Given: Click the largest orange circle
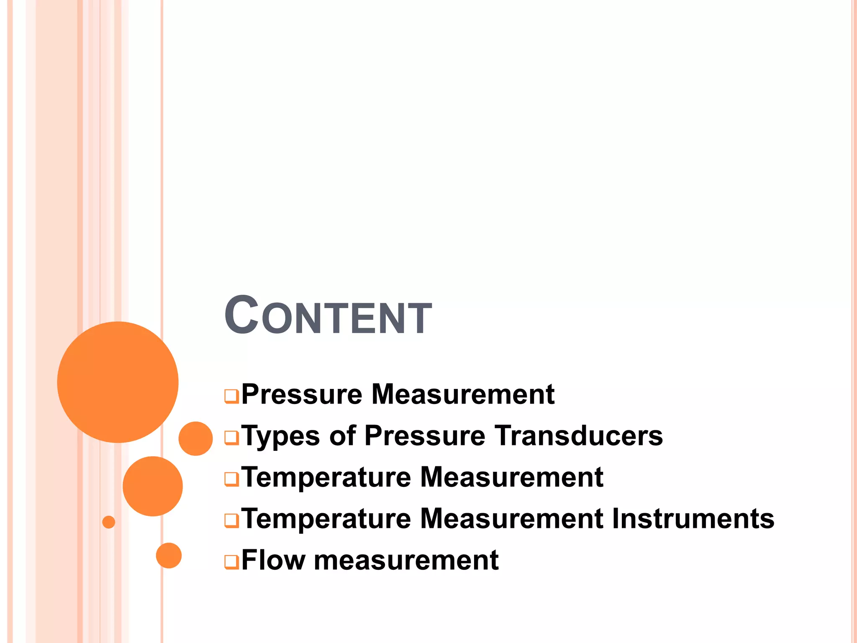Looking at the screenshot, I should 118,382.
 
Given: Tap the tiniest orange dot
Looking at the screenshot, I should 108,522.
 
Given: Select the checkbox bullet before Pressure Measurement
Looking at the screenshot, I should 231,396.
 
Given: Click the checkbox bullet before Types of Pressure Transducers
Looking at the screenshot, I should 231,437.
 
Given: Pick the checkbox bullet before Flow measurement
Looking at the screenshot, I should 231,561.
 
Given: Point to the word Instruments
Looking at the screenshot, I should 693,518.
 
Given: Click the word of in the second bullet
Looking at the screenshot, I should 342,435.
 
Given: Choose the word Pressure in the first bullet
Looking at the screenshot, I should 302,394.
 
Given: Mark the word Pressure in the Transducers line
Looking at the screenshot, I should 425,435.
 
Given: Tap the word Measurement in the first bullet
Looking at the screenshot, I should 463,394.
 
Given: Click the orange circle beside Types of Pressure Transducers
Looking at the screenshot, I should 195,438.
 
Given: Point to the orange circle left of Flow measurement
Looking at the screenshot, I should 169,556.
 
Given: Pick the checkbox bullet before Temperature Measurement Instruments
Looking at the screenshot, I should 231,520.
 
